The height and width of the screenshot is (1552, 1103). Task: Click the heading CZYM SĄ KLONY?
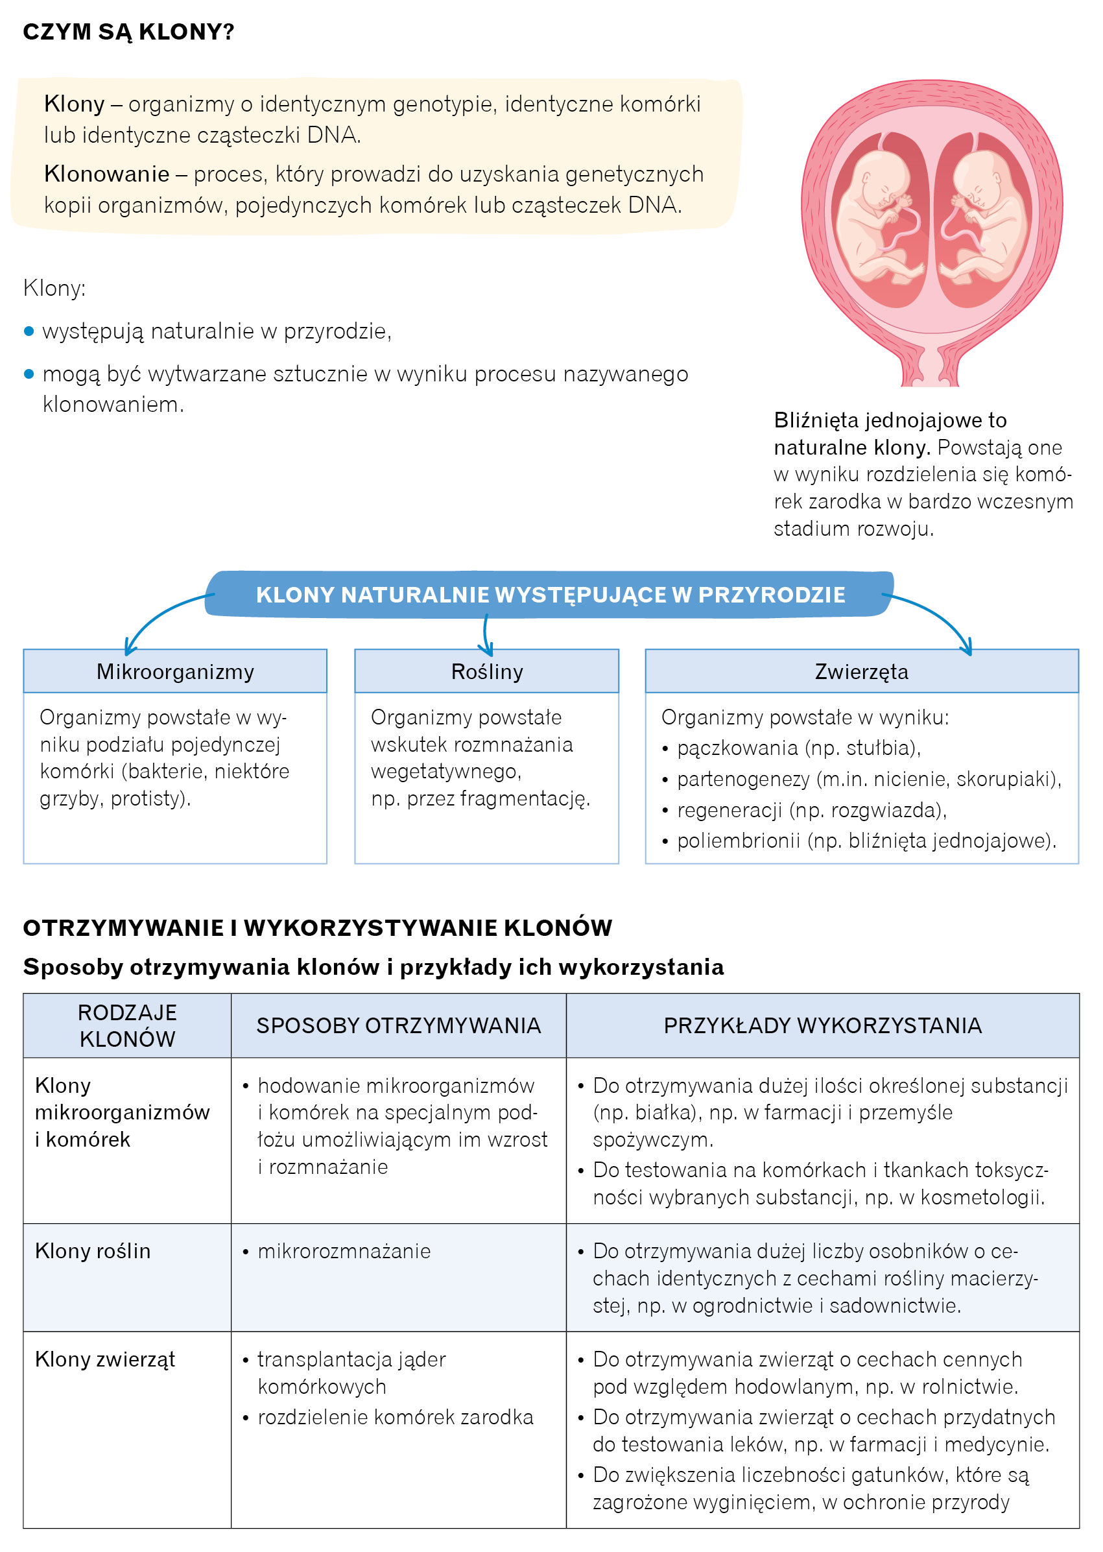pyautogui.click(x=128, y=32)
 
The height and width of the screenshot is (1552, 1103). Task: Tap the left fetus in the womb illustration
pyautogui.click(x=876, y=217)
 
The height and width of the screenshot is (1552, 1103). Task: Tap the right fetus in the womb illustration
pyautogui.click(x=985, y=217)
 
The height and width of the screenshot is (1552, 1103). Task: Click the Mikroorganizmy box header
pyautogui.click(x=175, y=671)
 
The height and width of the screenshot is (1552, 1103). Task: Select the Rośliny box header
pyautogui.click(x=486, y=671)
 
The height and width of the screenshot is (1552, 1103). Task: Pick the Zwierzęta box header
pyautogui.click(x=861, y=671)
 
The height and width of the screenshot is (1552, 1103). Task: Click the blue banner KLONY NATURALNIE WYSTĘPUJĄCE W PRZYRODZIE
pyautogui.click(x=550, y=594)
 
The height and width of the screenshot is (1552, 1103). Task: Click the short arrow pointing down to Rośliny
pyautogui.click(x=486, y=635)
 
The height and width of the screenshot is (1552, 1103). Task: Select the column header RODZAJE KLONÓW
pyautogui.click(x=127, y=1025)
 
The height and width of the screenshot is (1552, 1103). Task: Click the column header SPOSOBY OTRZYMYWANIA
pyautogui.click(x=398, y=1025)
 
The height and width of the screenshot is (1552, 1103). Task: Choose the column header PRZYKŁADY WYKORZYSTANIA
pyautogui.click(x=822, y=1025)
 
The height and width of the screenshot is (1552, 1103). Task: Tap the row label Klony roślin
pyautogui.click(x=93, y=1250)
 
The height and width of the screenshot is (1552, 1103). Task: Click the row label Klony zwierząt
pyautogui.click(x=105, y=1359)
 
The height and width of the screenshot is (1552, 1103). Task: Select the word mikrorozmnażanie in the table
pyautogui.click(x=344, y=1250)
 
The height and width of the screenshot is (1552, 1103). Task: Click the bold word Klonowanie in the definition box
pyautogui.click(x=106, y=174)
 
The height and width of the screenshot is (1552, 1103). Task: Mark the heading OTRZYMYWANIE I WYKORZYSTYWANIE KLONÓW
pyautogui.click(x=317, y=928)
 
